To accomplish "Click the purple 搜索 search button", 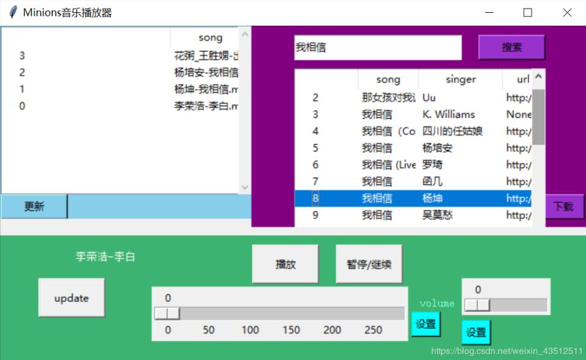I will (x=511, y=47).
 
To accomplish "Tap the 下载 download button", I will (x=563, y=207).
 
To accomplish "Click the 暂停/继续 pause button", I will (x=368, y=264).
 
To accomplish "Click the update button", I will (x=71, y=298).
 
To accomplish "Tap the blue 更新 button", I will (x=34, y=207).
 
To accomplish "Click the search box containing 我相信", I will (x=377, y=47).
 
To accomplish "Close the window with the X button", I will (x=567, y=13).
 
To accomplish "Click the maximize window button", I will (x=527, y=13).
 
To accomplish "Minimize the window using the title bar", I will (x=488, y=13).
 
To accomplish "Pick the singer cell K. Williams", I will (x=449, y=114).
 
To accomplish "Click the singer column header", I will (x=460, y=79).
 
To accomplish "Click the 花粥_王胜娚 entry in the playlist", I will (x=205, y=56).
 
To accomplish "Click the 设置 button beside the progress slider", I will (x=425, y=324).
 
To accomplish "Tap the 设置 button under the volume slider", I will (x=476, y=332).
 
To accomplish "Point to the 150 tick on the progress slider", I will (x=291, y=330).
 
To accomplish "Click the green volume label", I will (x=437, y=303).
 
